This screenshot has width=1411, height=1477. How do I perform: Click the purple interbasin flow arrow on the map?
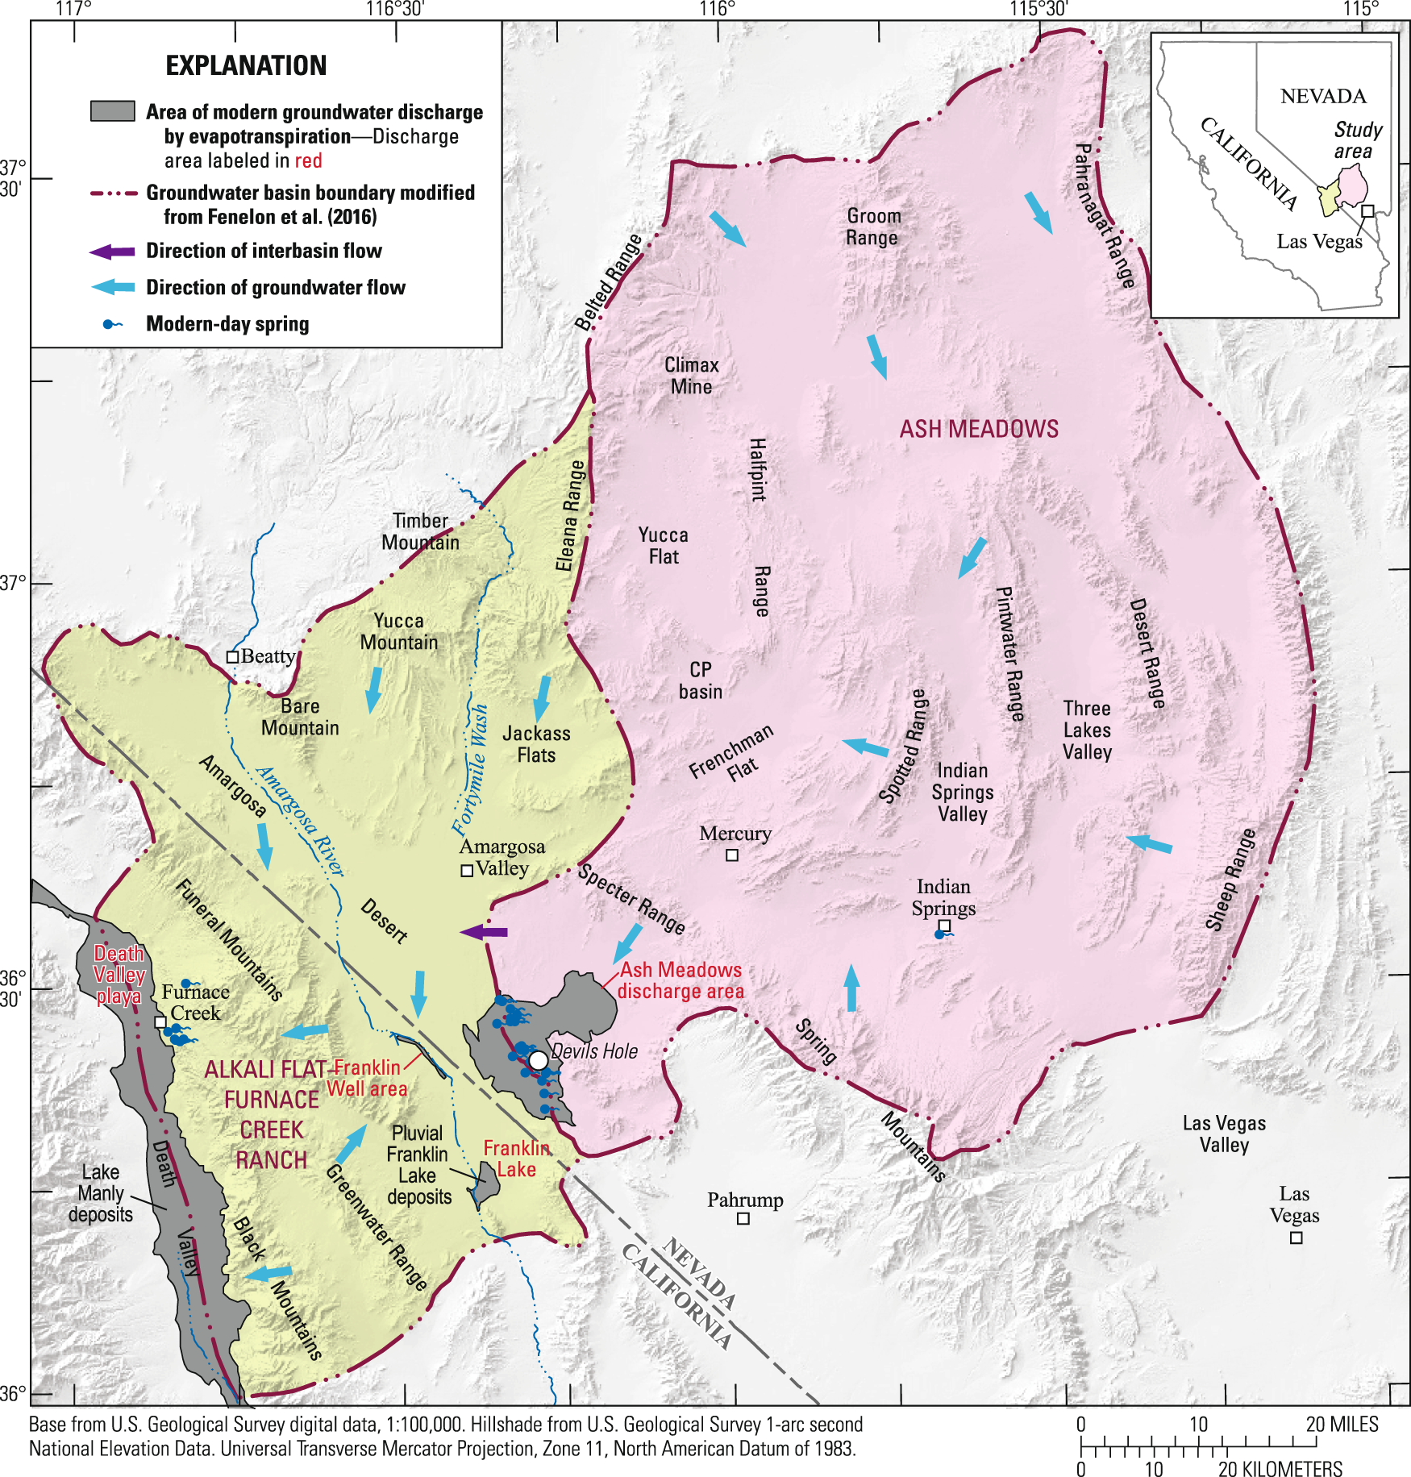pos(484,932)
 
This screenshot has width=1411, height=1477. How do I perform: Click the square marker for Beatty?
pos(232,657)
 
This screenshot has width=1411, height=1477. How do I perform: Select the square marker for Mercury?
pos(732,855)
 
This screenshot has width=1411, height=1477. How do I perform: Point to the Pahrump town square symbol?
pos(743,1218)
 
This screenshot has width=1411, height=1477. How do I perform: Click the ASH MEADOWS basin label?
pos(979,429)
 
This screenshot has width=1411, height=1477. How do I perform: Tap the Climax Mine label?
pos(691,376)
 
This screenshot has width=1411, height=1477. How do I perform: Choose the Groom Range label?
pos(873,227)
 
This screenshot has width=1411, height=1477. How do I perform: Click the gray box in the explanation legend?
pos(112,111)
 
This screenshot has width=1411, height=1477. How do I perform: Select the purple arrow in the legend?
pos(112,252)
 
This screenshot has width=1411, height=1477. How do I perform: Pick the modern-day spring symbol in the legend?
pos(111,324)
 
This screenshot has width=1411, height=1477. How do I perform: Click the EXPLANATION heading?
pos(246,65)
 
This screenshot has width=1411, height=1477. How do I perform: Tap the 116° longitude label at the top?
pos(717,9)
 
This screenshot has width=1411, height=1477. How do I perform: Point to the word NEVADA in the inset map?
pos(1323,96)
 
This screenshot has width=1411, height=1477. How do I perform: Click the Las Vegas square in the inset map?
pos(1367,210)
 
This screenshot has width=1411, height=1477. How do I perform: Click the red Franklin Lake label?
pos(516,1159)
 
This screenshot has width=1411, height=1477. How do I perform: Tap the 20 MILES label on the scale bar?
pos(1342,1424)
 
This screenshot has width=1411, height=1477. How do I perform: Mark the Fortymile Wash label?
pos(470,769)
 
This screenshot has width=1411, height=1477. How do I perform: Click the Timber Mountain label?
pos(420,532)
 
